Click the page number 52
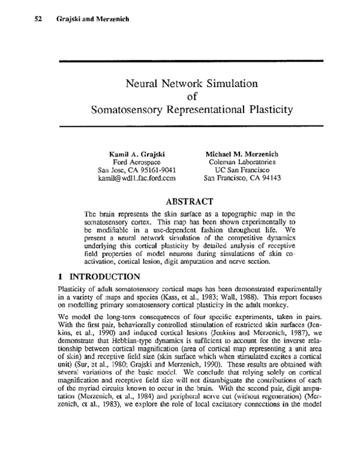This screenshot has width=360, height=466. click(38, 19)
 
